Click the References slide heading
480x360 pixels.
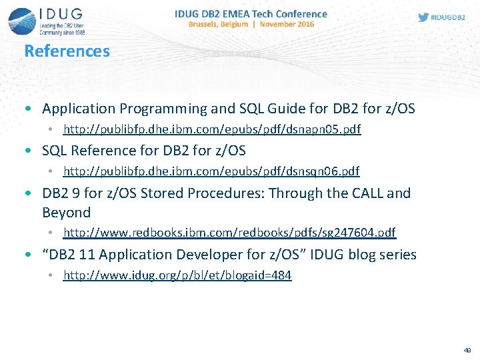(x=67, y=51)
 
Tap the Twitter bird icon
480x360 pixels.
(x=423, y=17)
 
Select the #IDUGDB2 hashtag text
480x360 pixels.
(x=449, y=17)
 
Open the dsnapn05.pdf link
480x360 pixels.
(x=212, y=129)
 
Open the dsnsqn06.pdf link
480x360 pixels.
(x=211, y=171)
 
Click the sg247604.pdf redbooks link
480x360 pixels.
(x=229, y=232)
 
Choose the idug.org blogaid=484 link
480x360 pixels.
(x=177, y=275)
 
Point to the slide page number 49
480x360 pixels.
(x=466, y=349)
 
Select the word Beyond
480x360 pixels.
(x=66, y=213)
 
